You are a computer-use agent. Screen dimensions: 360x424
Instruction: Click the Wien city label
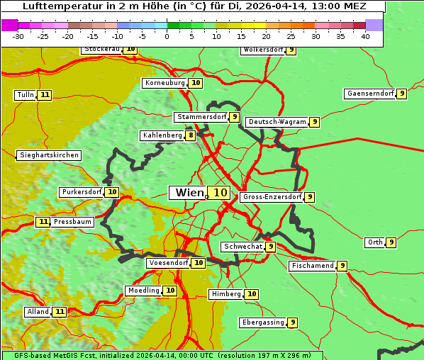coord(189,192)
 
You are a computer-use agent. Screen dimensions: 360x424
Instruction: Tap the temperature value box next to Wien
coord(220,192)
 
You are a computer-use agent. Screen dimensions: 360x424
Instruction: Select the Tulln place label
coord(25,95)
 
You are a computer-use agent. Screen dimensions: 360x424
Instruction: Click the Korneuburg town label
coord(165,83)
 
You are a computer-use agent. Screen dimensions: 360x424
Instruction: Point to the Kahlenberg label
coord(162,135)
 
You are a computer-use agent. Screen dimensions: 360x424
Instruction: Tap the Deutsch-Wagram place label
coord(277,122)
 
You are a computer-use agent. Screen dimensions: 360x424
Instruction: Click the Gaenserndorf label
coord(369,94)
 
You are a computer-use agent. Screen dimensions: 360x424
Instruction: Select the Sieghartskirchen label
coord(48,155)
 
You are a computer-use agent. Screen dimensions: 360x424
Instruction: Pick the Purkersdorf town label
coord(82,192)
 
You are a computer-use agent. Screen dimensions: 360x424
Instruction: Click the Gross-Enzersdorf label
coord(272,197)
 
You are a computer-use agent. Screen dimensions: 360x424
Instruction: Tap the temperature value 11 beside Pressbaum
coord(43,222)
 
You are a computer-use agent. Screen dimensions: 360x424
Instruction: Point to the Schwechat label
coord(242,247)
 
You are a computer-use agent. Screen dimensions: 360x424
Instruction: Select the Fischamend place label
coord(312,266)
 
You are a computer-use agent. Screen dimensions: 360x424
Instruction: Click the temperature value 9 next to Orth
coord(391,242)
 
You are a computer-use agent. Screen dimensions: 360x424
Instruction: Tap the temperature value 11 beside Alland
coord(60,312)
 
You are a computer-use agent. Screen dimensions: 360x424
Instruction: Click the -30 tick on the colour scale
coord(19,35)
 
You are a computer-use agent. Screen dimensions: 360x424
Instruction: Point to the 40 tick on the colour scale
coord(365,35)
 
